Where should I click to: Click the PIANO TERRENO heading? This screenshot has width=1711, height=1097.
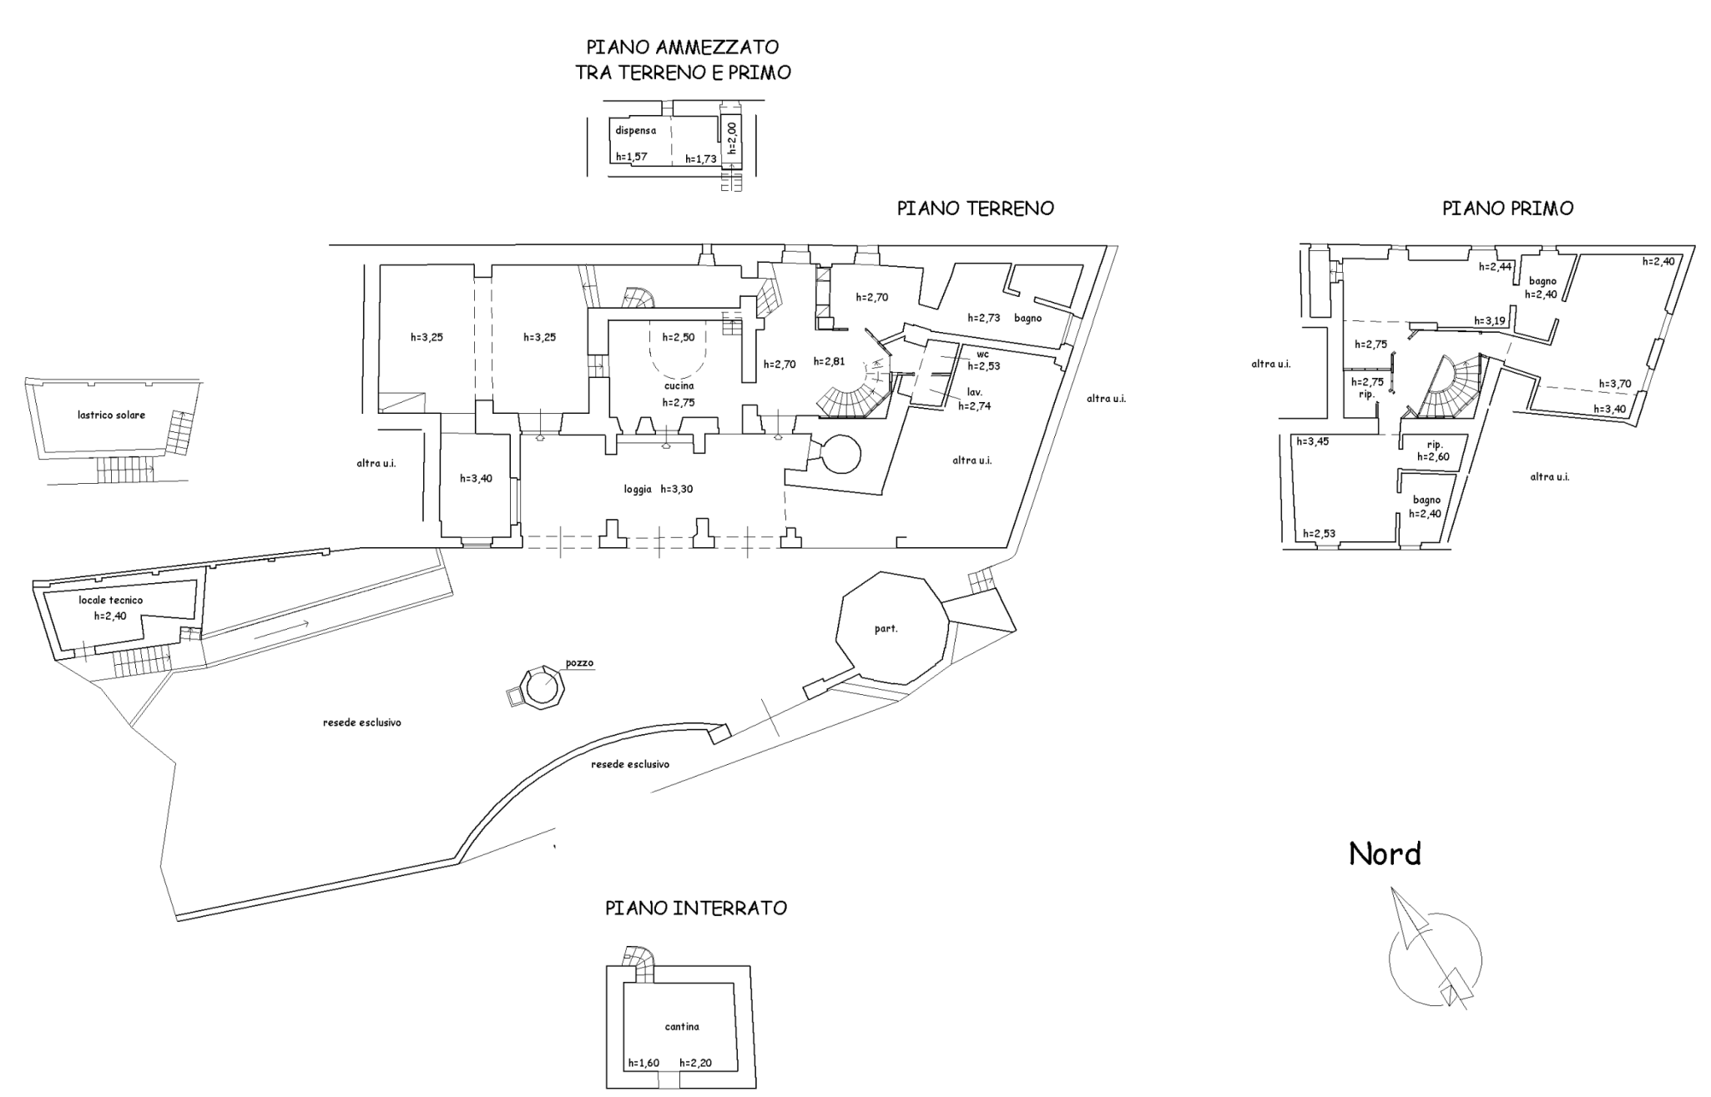[975, 209]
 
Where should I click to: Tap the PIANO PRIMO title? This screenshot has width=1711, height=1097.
[1507, 209]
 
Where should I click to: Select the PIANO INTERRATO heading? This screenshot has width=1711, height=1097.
[696, 908]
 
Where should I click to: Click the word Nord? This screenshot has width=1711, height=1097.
[1385, 853]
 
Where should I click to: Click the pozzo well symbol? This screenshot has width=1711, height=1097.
[541, 688]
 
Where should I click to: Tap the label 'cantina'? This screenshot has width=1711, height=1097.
[682, 1027]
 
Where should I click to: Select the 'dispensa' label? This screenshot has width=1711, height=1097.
[635, 131]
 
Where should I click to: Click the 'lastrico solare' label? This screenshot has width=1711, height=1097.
[111, 415]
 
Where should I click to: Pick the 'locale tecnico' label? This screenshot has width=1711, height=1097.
[111, 600]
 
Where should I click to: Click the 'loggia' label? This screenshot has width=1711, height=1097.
[638, 490]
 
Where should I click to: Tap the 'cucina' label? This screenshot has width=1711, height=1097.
[679, 385]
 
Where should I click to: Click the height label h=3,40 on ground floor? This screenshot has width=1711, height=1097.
[476, 479]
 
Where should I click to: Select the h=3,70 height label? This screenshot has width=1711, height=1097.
[1614, 384]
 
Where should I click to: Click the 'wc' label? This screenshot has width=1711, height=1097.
[982, 355]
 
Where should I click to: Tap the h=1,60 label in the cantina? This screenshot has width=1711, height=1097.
[644, 1064]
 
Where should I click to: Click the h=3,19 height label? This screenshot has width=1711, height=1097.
[1489, 320]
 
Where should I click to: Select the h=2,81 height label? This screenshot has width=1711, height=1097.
[829, 361]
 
